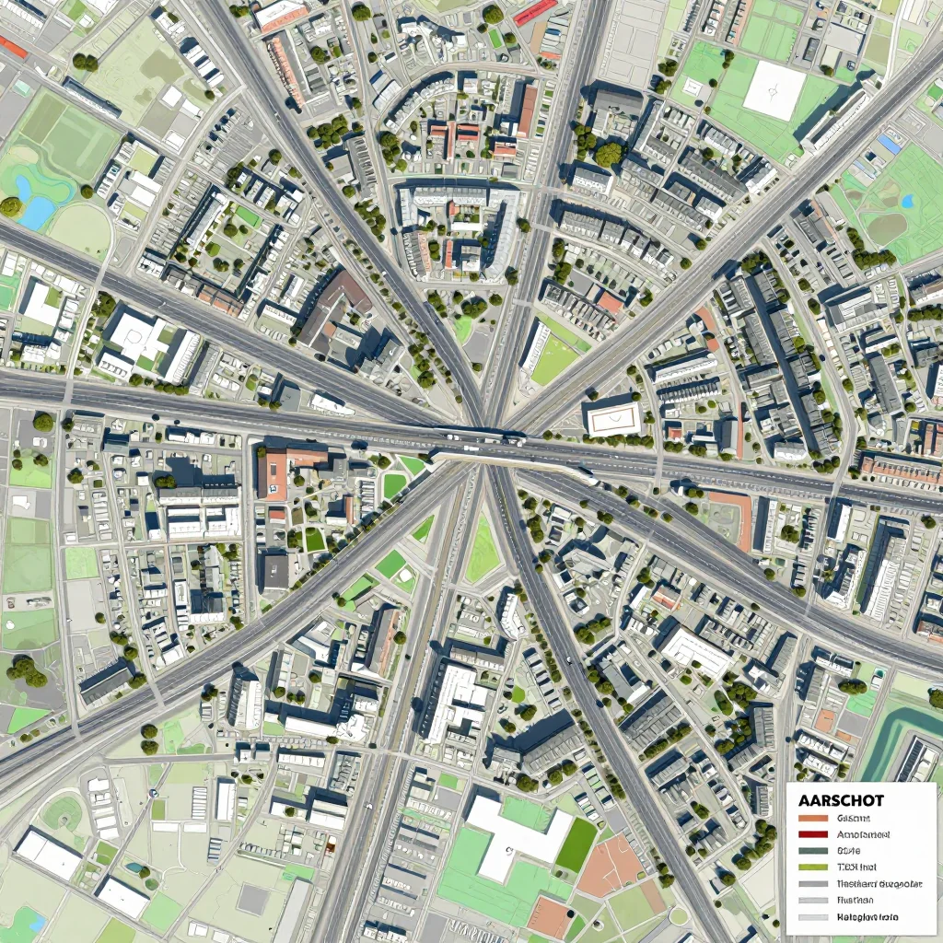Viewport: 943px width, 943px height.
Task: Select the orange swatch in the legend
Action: (814, 818)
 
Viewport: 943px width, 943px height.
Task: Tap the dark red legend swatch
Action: (814, 834)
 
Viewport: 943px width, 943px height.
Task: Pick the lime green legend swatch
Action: (814, 867)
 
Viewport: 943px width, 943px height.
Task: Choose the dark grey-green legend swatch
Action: (814, 850)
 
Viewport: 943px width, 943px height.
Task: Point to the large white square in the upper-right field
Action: (774, 90)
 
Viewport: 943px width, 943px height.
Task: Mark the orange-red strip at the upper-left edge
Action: (13, 47)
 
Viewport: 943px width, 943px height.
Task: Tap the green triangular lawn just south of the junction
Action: (482, 553)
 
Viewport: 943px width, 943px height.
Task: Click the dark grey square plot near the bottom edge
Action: (252, 898)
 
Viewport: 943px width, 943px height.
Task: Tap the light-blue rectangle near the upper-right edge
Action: (890, 144)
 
